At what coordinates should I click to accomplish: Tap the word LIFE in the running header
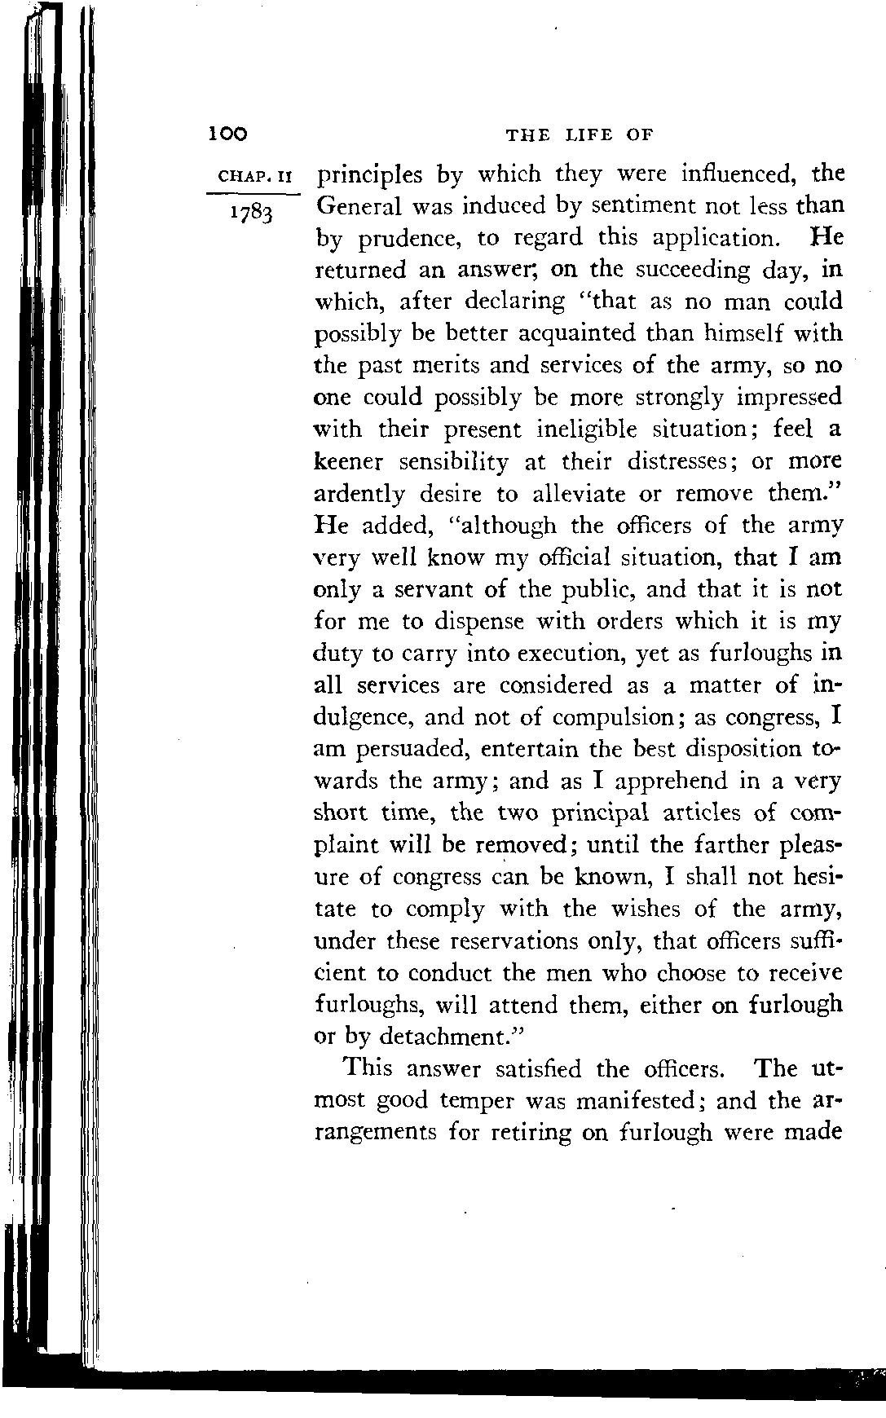[582, 134]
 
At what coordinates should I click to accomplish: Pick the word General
[358, 205]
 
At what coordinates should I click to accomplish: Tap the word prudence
[420, 238]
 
